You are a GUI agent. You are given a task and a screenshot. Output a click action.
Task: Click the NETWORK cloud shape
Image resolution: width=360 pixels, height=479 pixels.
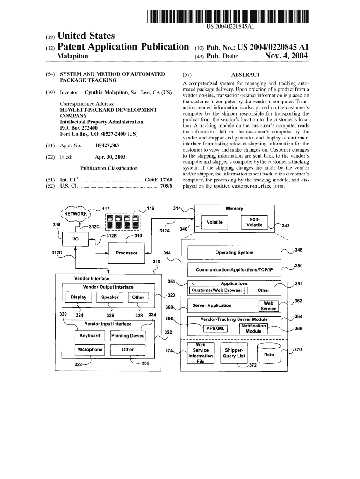[x=75, y=214]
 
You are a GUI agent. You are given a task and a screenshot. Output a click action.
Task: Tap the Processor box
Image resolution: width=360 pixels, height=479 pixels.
[x=126, y=253]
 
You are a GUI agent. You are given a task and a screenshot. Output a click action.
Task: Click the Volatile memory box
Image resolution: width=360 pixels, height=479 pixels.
[x=214, y=222]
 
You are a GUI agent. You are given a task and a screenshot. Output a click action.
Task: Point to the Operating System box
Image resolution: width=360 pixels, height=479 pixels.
[x=234, y=253]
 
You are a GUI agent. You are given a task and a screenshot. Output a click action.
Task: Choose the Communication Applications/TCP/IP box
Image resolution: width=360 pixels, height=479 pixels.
[x=234, y=270]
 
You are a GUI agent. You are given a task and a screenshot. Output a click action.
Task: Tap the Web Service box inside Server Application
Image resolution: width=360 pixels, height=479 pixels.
[x=268, y=306]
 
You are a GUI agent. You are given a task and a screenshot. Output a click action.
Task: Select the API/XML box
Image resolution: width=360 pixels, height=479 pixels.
[x=216, y=328]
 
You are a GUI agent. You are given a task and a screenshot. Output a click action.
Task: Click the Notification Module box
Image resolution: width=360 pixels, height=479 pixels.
[x=253, y=328]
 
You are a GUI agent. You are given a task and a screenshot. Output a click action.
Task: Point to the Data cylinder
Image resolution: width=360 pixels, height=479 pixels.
[x=269, y=355]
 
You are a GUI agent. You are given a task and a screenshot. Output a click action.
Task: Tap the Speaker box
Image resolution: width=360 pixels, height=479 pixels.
[x=110, y=298]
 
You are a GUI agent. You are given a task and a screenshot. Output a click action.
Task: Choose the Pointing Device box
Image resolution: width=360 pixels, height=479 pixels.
[x=128, y=336]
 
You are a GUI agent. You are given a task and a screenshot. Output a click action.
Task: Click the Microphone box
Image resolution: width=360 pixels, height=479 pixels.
[x=89, y=350]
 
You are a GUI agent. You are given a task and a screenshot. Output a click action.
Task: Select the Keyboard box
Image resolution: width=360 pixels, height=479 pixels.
[x=90, y=336]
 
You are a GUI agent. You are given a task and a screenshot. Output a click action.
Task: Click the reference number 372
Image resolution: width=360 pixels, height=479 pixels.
[x=253, y=366]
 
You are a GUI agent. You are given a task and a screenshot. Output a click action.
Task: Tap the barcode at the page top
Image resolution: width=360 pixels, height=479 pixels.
[x=229, y=16]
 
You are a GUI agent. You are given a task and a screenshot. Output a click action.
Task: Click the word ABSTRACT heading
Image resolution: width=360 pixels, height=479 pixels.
[x=245, y=74]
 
